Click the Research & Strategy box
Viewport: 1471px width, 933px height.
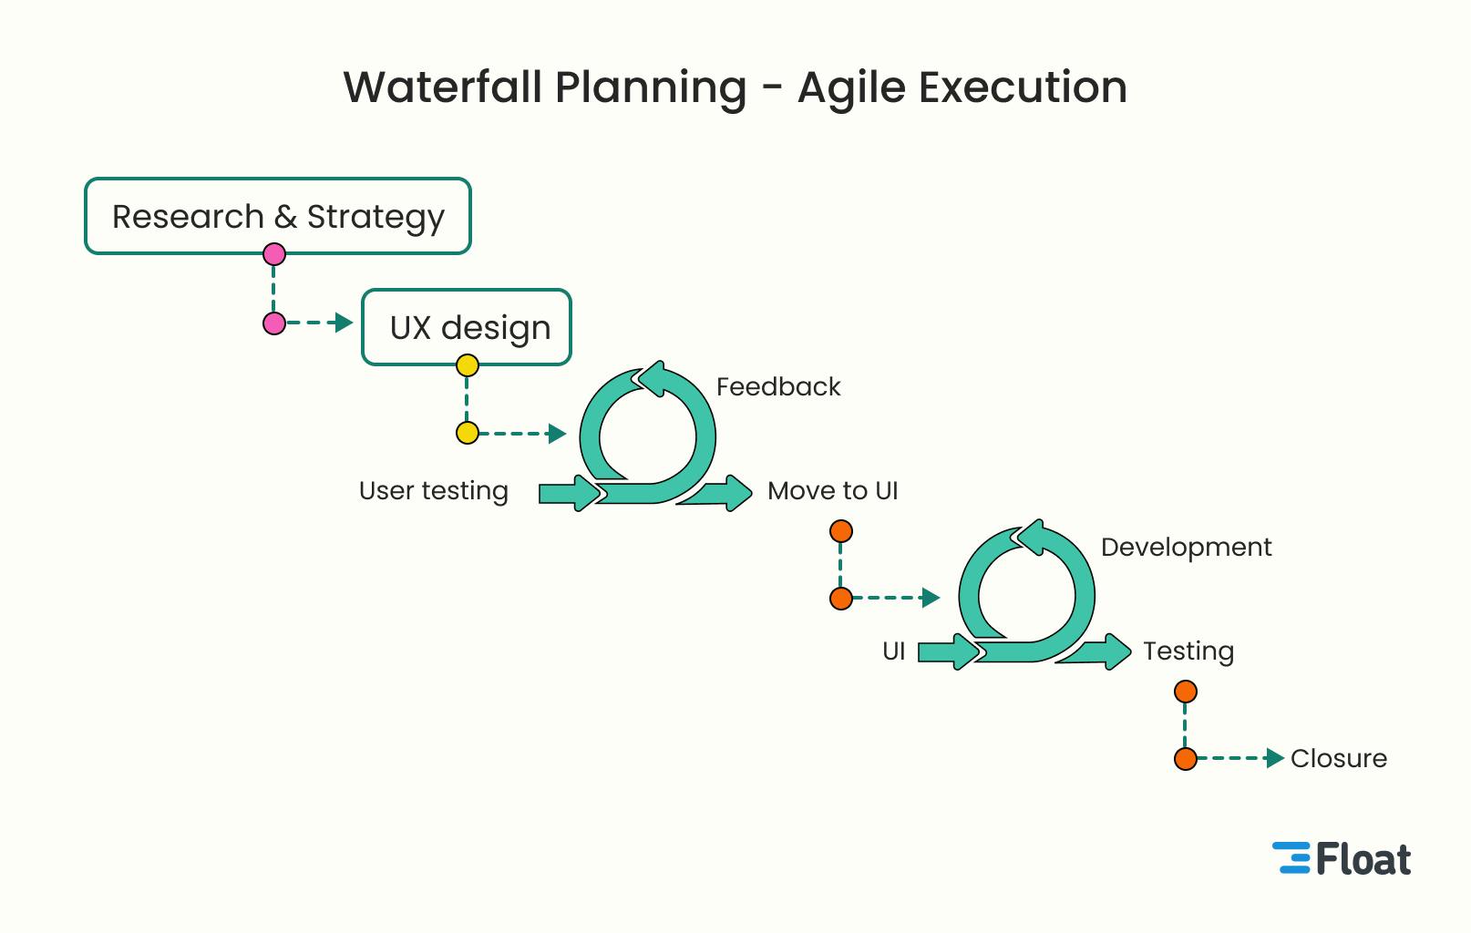tap(278, 216)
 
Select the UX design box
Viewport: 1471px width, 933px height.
tap(467, 327)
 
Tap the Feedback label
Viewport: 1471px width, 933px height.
tap(778, 386)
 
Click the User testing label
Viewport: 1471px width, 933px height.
tap(434, 490)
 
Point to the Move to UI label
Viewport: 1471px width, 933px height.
tap(832, 490)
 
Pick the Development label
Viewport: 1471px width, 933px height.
tap(1186, 547)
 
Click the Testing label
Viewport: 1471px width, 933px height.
tap(1188, 651)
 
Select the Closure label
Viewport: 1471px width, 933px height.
tap(1338, 758)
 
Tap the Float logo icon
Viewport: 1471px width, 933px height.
tap(1291, 858)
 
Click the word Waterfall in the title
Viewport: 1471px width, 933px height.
tap(445, 87)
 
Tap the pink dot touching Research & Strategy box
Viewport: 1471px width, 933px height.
tap(274, 254)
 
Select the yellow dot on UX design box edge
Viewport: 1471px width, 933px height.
tap(468, 366)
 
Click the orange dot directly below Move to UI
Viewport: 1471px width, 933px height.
tap(841, 531)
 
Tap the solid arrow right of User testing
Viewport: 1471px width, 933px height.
tap(569, 493)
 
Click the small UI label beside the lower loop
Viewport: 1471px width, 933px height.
tap(893, 651)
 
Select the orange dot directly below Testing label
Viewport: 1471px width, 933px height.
tap(1186, 692)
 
